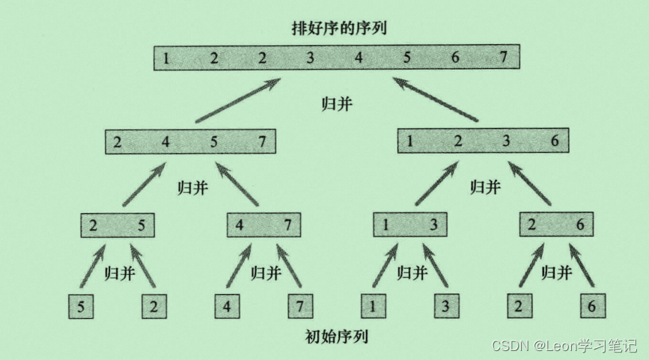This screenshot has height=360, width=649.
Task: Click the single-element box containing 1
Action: tap(374, 307)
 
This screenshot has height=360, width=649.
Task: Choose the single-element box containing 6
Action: tap(592, 307)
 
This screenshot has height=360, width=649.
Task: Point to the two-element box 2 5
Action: tap(118, 225)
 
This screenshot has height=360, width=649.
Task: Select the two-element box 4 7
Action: tap(264, 225)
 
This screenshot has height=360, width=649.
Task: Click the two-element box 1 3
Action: tap(410, 225)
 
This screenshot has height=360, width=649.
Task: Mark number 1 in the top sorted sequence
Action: tap(165, 58)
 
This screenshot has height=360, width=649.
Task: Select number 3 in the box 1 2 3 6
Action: tap(506, 141)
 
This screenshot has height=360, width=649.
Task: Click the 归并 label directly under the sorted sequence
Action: tap(335, 103)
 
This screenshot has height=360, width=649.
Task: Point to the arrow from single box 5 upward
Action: tap(92, 265)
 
